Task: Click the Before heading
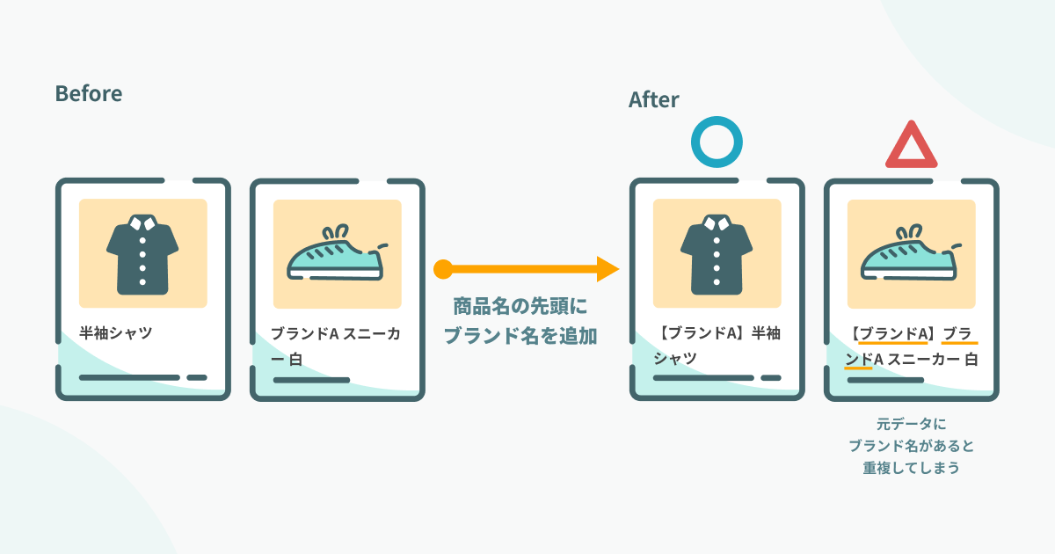tap(88, 93)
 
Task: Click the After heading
tap(653, 100)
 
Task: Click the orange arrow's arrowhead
tap(608, 268)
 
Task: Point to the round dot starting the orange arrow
tap(443, 268)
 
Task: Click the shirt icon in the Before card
tap(142, 255)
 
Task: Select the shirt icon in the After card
tap(717, 255)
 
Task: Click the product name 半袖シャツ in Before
tap(116, 334)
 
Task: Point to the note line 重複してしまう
tap(911, 468)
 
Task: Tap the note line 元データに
tap(911, 423)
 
